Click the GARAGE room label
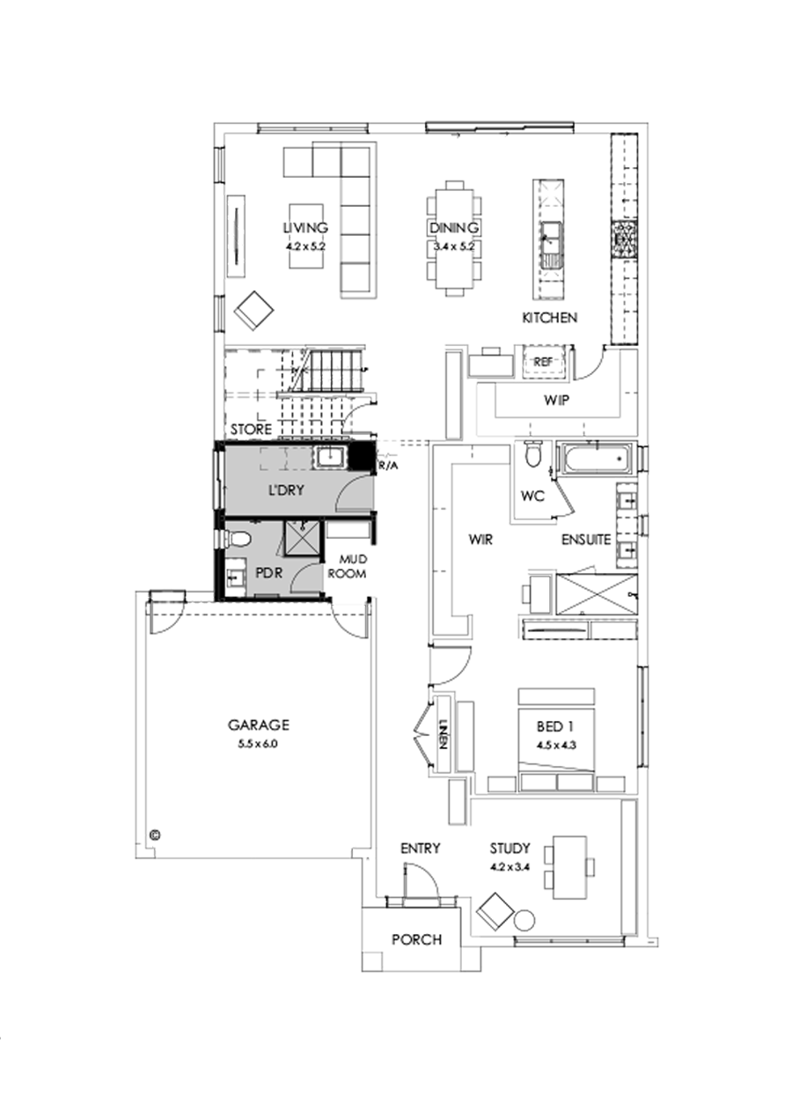pyautogui.click(x=259, y=725)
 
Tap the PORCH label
pyautogui.click(x=417, y=939)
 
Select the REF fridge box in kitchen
pyautogui.click(x=542, y=361)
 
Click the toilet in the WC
pyautogui.click(x=532, y=455)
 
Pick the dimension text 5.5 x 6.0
pyautogui.click(x=259, y=743)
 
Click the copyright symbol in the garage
pyautogui.click(x=155, y=833)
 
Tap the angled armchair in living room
pyautogui.click(x=255, y=310)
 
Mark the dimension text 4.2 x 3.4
pyautogui.click(x=510, y=866)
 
